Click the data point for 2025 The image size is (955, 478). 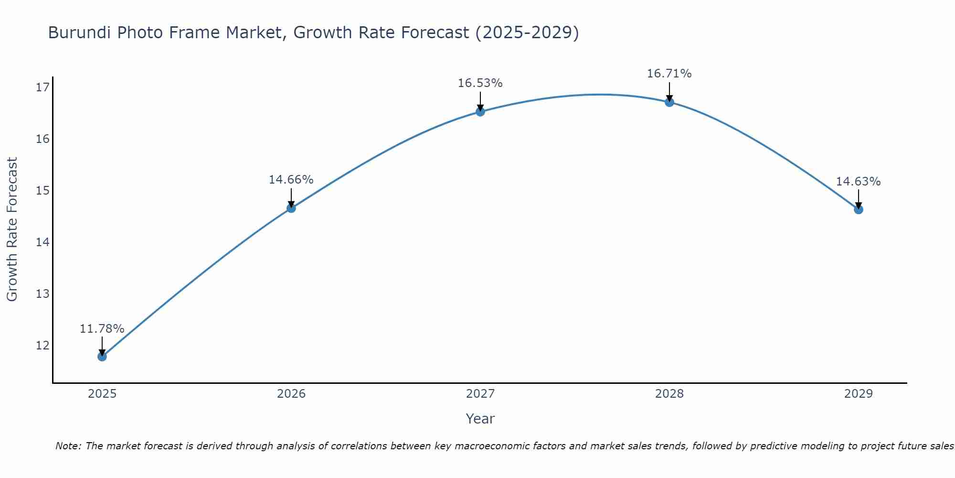tap(102, 356)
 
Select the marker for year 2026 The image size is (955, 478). tap(291, 208)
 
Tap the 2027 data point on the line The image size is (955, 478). tap(480, 112)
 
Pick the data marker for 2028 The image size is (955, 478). tap(669, 102)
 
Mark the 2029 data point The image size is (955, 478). tap(858, 209)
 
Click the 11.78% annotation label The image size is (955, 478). tap(102, 329)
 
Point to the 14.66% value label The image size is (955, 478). tap(291, 180)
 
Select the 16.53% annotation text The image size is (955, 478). tap(480, 83)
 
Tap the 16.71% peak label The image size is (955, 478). tap(669, 74)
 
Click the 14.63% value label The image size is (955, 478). tap(858, 182)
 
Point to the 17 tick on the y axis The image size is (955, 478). tap(42, 87)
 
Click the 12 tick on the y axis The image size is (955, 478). tap(42, 345)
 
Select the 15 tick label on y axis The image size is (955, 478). tap(42, 190)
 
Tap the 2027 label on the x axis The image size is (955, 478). tap(480, 394)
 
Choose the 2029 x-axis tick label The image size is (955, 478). tap(858, 394)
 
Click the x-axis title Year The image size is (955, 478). tap(480, 419)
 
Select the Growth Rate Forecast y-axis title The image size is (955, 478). tap(12, 229)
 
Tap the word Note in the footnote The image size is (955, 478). tap(68, 446)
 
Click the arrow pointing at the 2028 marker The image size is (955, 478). tap(669, 92)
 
